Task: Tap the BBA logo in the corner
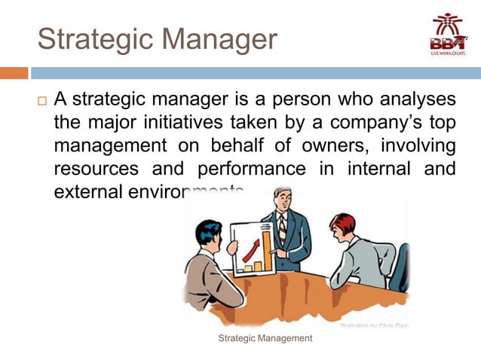click(448, 33)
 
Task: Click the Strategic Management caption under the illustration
click(265, 339)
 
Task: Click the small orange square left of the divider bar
click(14, 73)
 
